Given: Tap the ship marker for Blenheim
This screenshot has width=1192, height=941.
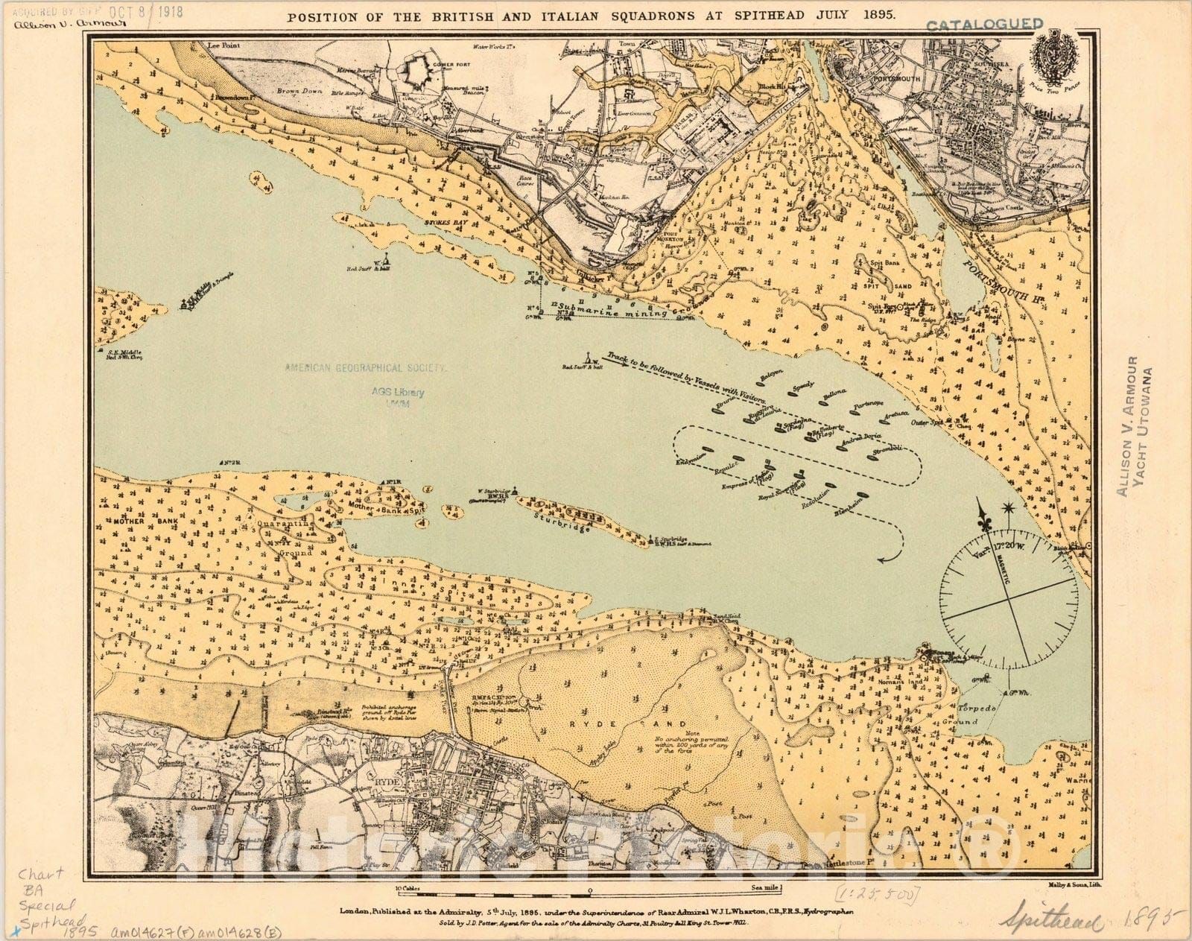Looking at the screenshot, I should coord(863,495).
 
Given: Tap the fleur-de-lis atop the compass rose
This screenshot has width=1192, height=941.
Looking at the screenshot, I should coord(985,516).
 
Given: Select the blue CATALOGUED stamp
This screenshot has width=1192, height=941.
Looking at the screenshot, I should coord(983,25).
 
